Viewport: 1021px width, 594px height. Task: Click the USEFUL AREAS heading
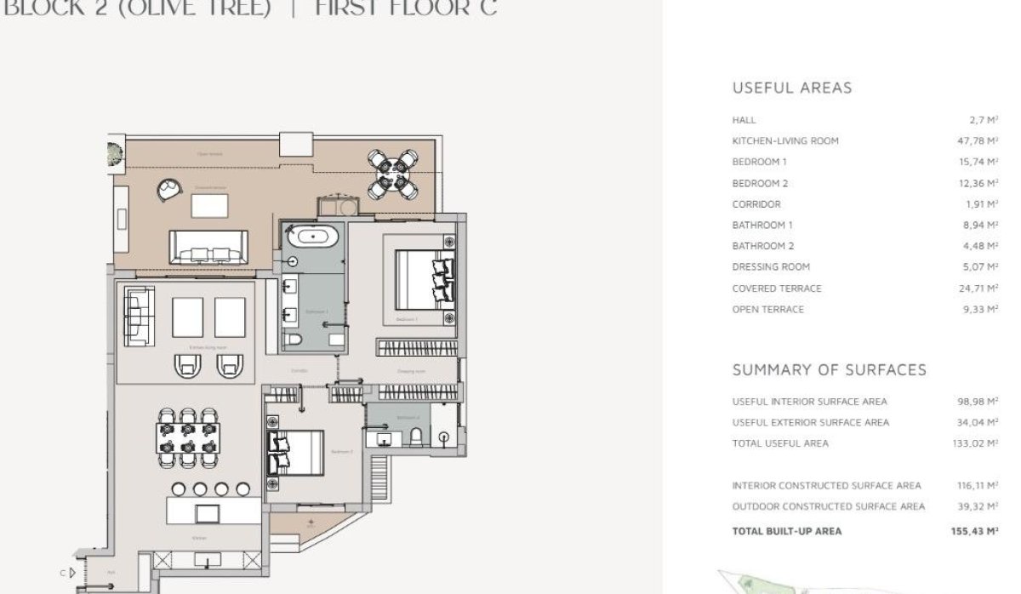pos(791,88)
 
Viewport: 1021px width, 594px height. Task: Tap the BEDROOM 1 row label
pos(759,162)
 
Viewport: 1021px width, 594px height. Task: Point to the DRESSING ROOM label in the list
pos(771,266)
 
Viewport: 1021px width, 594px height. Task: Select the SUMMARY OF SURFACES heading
pos(829,370)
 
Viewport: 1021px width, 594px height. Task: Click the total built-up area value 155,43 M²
pos(973,531)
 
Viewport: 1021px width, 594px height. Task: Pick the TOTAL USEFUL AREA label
pos(779,443)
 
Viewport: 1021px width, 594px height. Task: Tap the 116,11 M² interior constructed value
pos(975,486)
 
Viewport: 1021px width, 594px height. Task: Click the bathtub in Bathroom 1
pos(311,235)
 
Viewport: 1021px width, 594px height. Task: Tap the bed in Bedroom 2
pos(295,451)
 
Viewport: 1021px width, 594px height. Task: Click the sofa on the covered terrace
pos(209,248)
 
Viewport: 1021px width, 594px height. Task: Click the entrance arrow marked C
pos(73,573)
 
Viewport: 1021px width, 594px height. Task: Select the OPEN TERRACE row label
pos(767,310)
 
